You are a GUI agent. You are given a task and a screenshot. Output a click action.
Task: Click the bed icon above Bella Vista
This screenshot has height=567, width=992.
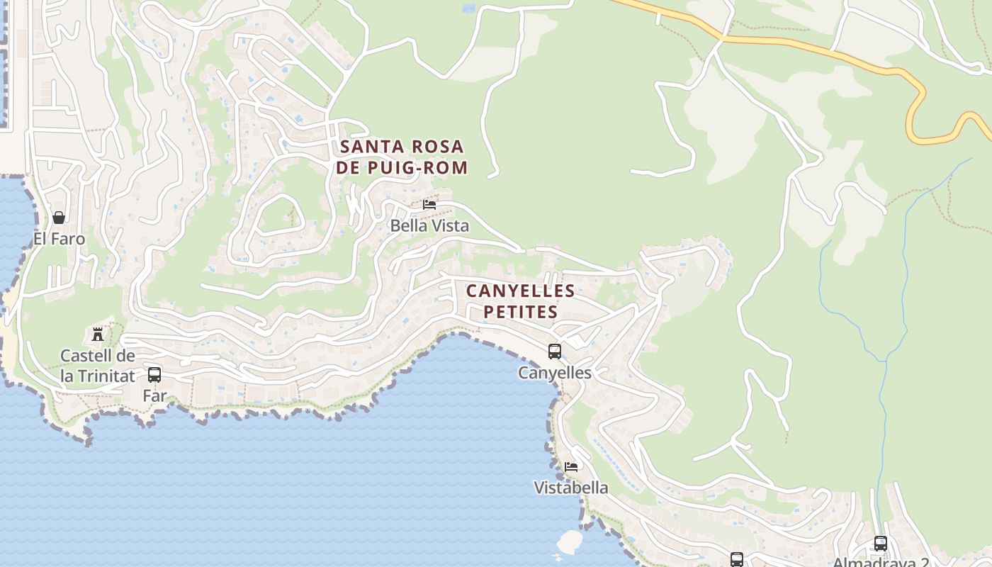[x=429, y=205]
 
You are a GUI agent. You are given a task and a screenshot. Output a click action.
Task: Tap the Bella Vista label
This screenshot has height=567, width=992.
[x=429, y=226]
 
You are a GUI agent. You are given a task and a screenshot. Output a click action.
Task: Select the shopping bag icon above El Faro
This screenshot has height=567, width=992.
[x=59, y=218]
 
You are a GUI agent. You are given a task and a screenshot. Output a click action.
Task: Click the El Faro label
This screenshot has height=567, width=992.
[x=59, y=239]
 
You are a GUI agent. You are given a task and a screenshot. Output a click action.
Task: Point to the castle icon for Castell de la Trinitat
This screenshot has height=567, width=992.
[x=98, y=334]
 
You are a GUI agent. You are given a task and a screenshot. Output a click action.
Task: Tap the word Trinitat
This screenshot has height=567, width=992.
[x=106, y=376]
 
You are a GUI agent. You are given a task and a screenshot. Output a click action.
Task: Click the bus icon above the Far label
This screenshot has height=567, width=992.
[x=154, y=375]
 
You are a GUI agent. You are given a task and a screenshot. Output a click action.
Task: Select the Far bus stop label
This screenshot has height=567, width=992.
[x=154, y=395]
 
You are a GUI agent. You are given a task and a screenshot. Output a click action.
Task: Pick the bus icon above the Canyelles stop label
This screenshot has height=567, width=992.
[x=555, y=351]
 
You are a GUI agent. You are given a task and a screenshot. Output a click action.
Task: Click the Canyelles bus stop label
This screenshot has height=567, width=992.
[x=555, y=372]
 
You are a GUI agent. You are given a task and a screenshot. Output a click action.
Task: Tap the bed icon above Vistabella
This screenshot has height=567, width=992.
[x=571, y=466]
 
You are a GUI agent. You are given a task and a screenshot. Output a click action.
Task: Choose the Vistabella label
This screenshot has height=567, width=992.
[x=571, y=488]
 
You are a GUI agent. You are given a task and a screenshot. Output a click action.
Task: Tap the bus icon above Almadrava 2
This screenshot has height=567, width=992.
[x=881, y=544]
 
